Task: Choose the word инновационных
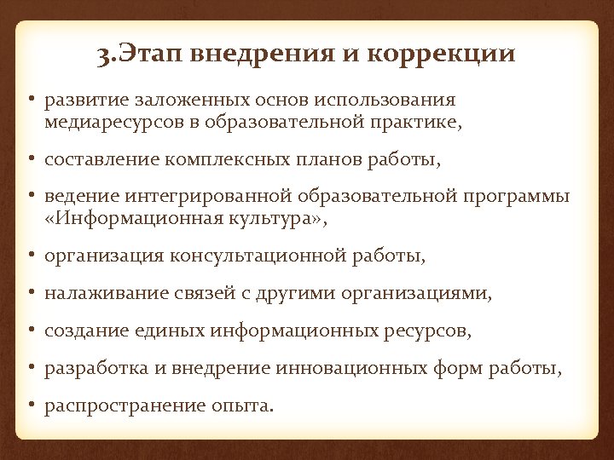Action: click(x=342, y=369)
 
